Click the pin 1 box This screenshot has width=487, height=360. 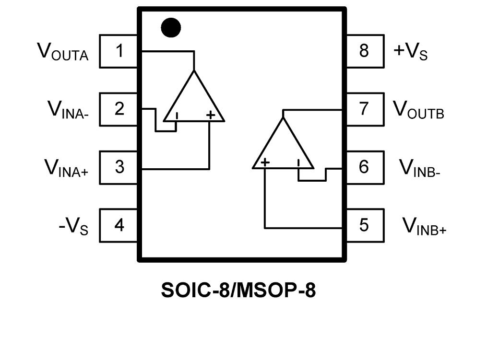tap(119, 51)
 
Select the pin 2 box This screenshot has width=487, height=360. tap(119, 109)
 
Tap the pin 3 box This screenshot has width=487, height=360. tap(119, 167)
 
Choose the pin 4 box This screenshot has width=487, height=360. tap(119, 225)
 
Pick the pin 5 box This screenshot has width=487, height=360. tap(364, 225)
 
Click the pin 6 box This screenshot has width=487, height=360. tap(364, 167)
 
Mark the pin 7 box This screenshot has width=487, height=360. tap(364, 109)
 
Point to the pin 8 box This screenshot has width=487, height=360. tap(364, 51)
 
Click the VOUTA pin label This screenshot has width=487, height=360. tap(63, 51)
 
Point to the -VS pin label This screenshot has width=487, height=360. tap(73, 226)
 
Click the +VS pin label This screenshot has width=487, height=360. tap(410, 51)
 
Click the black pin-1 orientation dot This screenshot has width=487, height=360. tap(171, 27)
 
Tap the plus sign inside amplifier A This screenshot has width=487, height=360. tap(210, 115)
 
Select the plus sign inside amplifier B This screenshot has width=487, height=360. tap(265, 163)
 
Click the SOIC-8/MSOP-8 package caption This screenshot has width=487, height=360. tap(239, 290)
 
